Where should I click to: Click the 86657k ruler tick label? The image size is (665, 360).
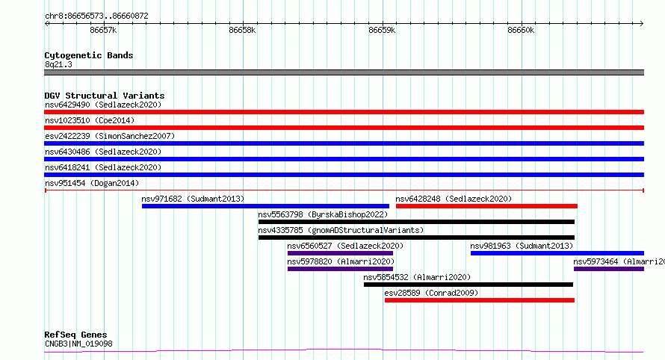[103, 30]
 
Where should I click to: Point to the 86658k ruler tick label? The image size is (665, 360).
[242, 30]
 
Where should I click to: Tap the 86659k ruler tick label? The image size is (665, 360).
[382, 30]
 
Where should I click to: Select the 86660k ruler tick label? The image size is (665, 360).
[521, 30]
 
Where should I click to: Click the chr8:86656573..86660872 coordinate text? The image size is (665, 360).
[96, 16]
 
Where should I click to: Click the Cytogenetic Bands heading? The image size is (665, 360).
[89, 55]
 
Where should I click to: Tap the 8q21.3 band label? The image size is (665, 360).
[58, 64]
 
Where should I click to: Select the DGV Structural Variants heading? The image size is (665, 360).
[105, 96]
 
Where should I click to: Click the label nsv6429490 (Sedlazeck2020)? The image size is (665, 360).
[103, 105]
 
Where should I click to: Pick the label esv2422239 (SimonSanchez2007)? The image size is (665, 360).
[110, 136]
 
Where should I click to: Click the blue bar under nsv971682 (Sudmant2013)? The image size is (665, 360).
[265, 206]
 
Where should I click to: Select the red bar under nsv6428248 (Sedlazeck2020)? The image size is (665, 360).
[486, 206]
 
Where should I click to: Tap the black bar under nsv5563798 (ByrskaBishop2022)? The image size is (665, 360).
[416, 222]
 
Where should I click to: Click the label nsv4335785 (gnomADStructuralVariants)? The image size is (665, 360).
[341, 230]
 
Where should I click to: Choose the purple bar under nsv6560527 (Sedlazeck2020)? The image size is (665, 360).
[340, 253]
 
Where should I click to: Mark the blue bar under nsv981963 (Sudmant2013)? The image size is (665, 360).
[557, 253]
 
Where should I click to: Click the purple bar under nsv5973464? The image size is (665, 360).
[609, 269]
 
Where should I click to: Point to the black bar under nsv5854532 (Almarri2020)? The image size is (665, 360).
[468, 285]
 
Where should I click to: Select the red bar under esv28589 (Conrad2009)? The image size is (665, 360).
[480, 300]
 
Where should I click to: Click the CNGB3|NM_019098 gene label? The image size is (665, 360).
[78, 344]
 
